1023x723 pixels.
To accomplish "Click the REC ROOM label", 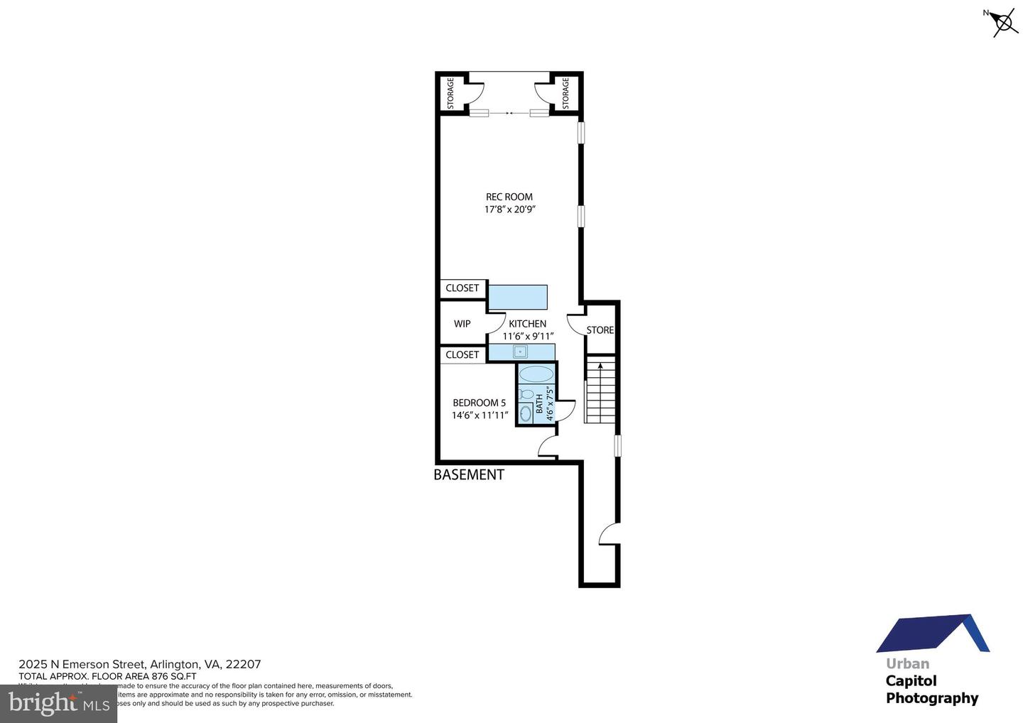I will (509, 197).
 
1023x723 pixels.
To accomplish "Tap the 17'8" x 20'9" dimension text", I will (509, 210).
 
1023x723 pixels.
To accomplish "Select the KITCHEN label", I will (527, 323).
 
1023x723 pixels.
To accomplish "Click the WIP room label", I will (462, 323).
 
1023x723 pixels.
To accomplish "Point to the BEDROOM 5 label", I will (479, 403).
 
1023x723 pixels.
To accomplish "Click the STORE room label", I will (600, 330).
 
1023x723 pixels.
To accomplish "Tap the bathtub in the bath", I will (536, 374).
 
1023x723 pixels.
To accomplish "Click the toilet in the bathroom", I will (526, 394).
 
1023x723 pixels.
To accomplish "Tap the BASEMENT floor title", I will (469, 474).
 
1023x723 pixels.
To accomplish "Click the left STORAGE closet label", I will (450, 94).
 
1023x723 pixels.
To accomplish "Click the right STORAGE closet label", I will (566, 94).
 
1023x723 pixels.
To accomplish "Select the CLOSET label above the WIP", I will (462, 288).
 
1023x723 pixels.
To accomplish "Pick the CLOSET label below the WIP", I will (462, 354).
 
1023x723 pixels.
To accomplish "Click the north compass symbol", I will (1003, 23).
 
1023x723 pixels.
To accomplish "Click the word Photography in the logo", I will (931, 698).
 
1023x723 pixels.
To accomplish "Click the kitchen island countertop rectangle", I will (517, 297).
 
